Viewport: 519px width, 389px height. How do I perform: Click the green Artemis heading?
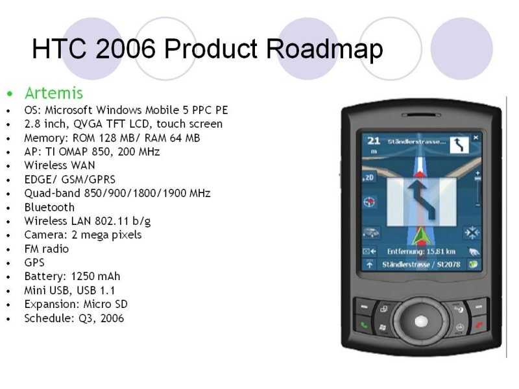[54, 93]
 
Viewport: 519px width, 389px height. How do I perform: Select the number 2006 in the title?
[125, 48]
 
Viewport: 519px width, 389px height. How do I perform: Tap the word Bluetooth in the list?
[49, 207]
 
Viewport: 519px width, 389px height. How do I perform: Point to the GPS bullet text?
[34, 263]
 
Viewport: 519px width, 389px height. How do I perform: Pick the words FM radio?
[46, 249]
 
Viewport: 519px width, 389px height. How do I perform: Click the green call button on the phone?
[364, 325]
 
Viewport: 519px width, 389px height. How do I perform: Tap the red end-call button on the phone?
[479, 325]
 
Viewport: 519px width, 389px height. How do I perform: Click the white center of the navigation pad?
[421, 321]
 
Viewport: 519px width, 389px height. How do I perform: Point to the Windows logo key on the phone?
[383, 327]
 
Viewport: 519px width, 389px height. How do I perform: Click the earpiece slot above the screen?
[421, 115]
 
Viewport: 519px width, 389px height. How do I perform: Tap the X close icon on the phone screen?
[476, 137]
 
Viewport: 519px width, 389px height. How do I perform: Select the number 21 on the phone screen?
[374, 141]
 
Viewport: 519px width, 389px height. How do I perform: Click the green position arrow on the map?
[421, 236]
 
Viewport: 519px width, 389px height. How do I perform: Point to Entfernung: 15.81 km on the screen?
[421, 252]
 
